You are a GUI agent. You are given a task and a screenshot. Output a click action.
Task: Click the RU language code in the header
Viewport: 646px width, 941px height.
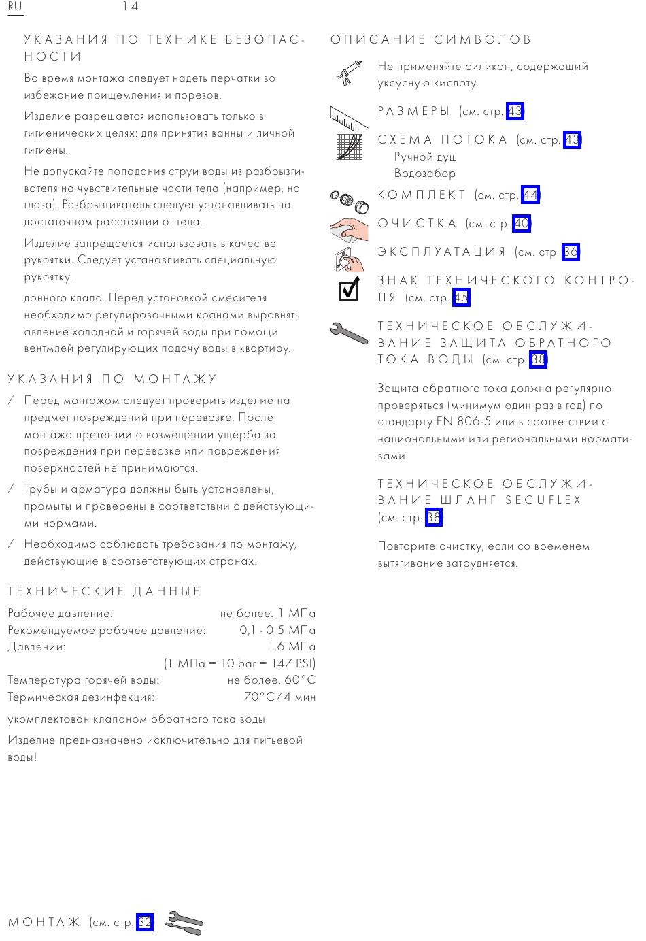click(15, 7)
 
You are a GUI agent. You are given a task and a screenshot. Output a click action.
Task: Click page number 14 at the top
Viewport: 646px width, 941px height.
click(131, 7)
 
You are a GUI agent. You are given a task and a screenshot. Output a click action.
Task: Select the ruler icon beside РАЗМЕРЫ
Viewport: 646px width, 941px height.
click(349, 118)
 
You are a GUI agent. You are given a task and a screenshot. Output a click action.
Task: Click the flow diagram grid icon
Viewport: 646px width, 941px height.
click(350, 146)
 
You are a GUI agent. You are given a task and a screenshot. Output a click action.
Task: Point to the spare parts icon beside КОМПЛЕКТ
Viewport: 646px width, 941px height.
click(349, 200)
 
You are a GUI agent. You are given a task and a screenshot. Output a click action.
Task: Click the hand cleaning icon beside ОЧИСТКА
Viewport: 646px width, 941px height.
click(349, 227)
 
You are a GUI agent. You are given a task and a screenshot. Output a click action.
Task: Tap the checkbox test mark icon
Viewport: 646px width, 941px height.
click(349, 288)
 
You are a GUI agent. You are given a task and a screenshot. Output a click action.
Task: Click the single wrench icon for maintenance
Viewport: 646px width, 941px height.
click(349, 332)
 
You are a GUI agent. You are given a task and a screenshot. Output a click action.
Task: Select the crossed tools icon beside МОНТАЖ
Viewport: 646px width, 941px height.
click(184, 923)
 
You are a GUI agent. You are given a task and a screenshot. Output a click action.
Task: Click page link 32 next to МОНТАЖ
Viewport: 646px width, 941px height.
click(145, 923)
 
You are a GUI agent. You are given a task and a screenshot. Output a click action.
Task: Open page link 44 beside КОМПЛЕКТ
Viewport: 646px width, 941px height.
click(530, 195)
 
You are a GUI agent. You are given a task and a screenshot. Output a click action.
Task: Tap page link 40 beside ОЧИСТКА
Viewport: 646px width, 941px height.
click(522, 224)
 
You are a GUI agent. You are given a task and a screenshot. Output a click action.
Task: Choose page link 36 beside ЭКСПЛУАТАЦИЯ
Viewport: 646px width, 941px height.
click(571, 252)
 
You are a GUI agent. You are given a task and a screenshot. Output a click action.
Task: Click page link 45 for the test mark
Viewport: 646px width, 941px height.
click(462, 298)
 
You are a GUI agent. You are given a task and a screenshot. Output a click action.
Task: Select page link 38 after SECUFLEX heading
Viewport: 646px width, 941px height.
click(433, 518)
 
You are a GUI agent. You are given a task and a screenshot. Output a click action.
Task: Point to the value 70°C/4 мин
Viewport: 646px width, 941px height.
click(279, 697)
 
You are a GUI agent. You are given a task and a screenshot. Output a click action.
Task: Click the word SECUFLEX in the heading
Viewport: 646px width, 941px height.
click(543, 501)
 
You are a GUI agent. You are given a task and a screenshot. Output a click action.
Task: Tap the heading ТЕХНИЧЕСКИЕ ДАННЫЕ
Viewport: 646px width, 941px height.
click(105, 592)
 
